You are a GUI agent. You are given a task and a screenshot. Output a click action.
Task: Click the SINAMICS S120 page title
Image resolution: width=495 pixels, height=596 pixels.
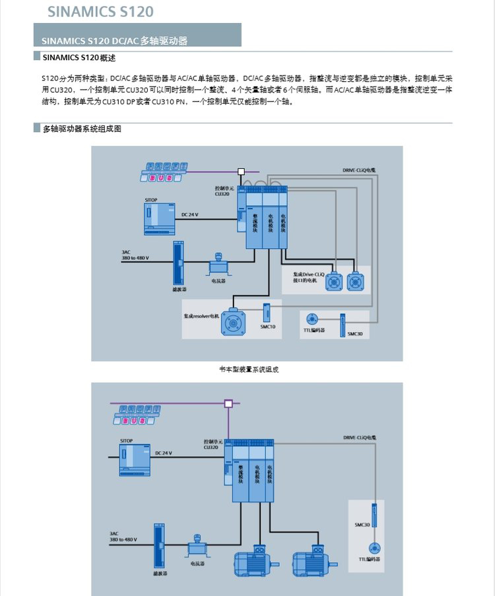100,11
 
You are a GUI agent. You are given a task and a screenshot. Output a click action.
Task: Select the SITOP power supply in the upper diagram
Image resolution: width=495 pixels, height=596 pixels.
159,218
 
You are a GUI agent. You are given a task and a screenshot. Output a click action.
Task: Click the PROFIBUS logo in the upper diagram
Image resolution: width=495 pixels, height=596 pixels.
161,173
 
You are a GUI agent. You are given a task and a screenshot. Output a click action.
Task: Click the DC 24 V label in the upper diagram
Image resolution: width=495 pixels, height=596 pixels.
189,215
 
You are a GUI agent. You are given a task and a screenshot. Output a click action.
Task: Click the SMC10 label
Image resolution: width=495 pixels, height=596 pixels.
267,327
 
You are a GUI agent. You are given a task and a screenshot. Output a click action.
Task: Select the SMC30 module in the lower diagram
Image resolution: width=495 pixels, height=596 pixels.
374,515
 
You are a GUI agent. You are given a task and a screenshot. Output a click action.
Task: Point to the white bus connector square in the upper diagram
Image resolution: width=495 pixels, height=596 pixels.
242,172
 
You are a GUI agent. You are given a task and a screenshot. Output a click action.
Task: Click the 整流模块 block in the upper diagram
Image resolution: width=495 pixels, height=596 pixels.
255,222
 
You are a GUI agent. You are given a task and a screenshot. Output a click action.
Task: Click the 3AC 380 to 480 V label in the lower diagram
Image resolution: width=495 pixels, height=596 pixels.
123,537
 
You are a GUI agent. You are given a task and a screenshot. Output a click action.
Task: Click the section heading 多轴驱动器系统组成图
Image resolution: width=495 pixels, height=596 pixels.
82,129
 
